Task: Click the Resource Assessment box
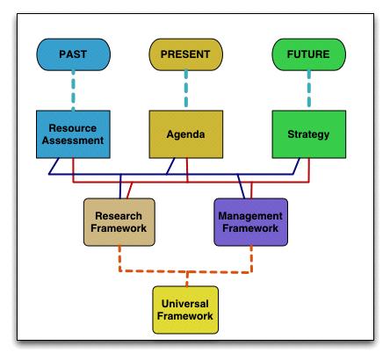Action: (72, 133)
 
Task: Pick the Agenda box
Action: (186, 133)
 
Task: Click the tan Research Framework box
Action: (119, 221)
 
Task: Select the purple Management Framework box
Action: (251, 221)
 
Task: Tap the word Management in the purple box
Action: (251, 215)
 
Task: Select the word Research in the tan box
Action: (119, 215)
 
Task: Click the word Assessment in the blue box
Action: (72, 140)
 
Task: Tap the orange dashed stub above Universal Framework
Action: (186, 277)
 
